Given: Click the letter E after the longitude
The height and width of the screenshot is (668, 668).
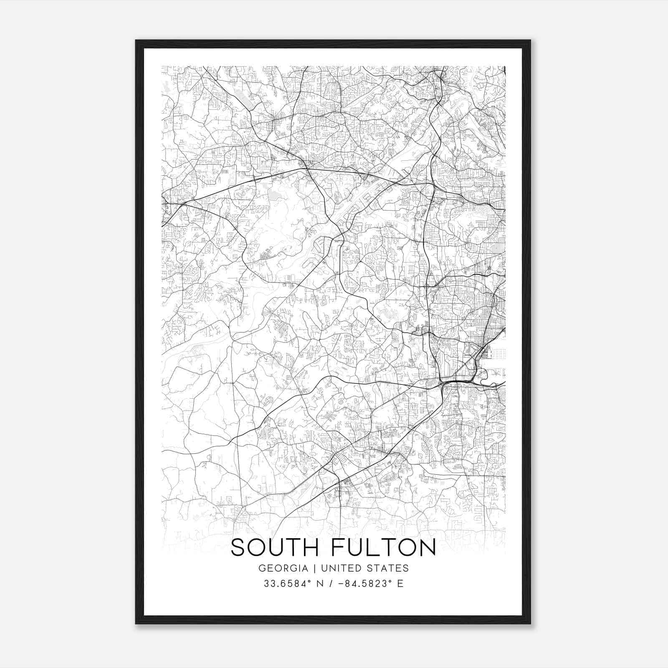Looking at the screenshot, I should pos(400,584).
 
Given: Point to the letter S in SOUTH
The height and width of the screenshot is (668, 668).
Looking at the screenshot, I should pos(238,548).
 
